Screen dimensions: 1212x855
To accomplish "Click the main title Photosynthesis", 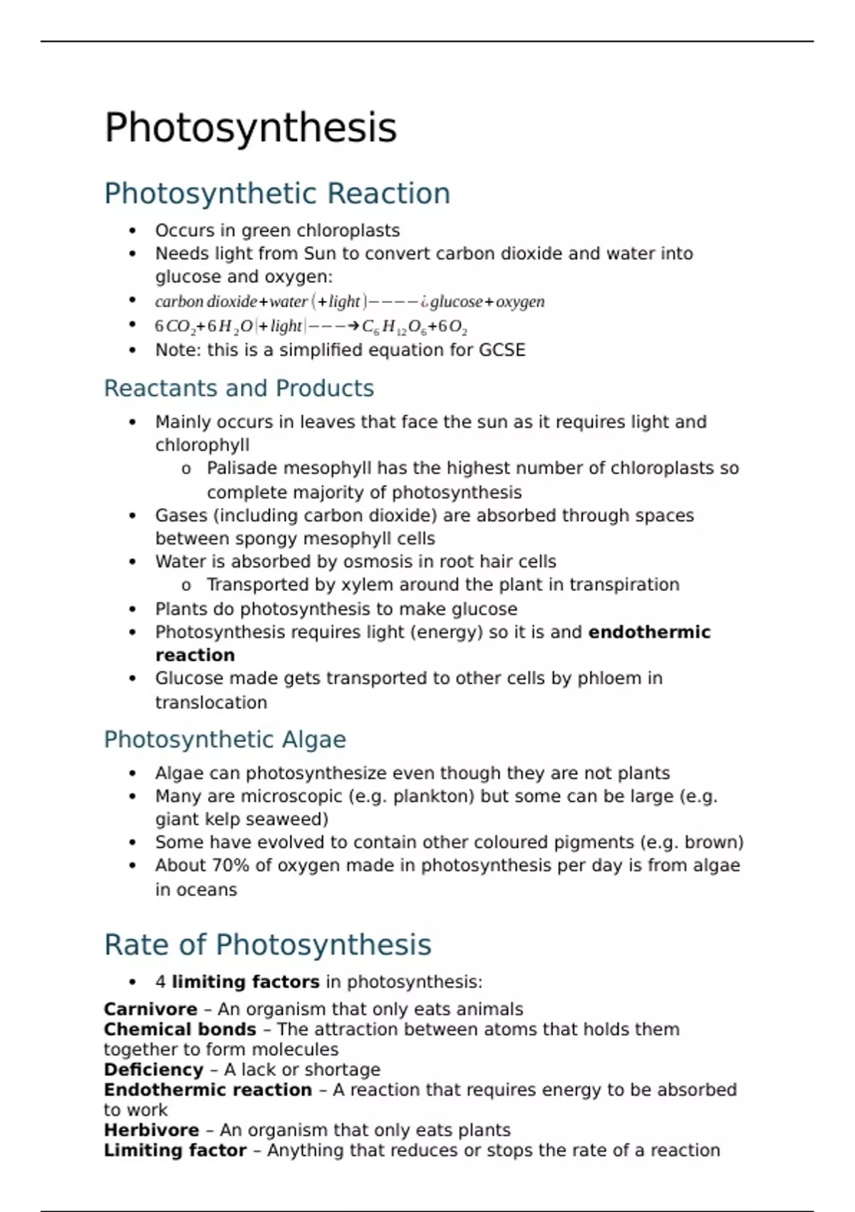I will pyautogui.click(x=250, y=128).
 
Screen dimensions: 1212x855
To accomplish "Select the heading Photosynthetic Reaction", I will pyautogui.click(x=276, y=194).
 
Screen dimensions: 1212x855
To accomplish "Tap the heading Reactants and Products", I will pyautogui.click(x=239, y=389).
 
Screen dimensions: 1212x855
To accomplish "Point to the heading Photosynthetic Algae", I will pyautogui.click(x=224, y=739).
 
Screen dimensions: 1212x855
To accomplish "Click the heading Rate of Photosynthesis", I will pyautogui.click(x=267, y=945).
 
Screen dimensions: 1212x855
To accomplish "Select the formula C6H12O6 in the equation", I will pyautogui.click(x=394, y=327).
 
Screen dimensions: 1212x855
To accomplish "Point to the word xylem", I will pyautogui.click(x=367, y=585).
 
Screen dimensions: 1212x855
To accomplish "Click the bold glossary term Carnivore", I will pyautogui.click(x=150, y=1010).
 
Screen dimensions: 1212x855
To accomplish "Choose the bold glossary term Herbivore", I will pyautogui.click(x=151, y=1130).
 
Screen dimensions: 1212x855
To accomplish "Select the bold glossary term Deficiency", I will pyautogui.click(x=154, y=1070).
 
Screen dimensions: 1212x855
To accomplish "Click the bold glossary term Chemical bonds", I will pyautogui.click(x=180, y=1029).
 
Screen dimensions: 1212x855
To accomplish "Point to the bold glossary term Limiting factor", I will pyautogui.click(x=175, y=1150).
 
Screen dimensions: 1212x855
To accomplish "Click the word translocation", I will pyautogui.click(x=211, y=702).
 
